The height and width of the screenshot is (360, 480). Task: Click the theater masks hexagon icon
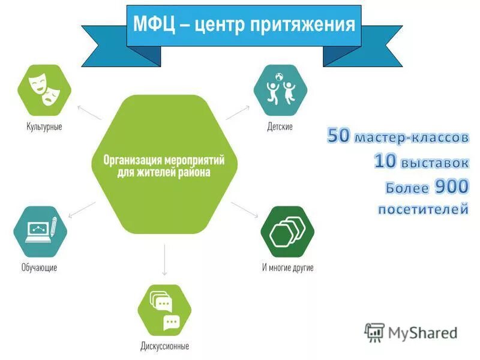tap(44, 90)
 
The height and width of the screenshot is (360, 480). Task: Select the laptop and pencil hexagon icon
tap(40, 231)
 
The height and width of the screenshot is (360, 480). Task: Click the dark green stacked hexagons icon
tap(287, 232)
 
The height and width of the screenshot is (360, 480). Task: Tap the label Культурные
tap(44, 127)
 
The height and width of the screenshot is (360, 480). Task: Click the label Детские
tap(280, 127)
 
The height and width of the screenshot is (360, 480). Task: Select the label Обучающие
tap(40, 268)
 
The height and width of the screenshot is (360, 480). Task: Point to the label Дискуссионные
tap(165, 346)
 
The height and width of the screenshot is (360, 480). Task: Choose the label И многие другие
tap(287, 268)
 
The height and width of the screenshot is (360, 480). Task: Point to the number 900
tap(451, 187)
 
